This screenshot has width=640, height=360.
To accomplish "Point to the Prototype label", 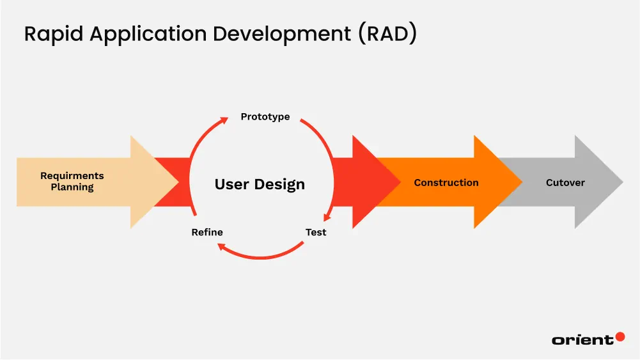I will point(265,116).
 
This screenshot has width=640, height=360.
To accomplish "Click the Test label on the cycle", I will point(316,232).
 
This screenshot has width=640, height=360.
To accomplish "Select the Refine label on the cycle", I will point(207,232).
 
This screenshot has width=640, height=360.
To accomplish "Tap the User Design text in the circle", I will point(260,184).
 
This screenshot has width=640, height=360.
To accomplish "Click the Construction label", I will point(446,182).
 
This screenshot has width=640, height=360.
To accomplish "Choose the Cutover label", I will point(565,182).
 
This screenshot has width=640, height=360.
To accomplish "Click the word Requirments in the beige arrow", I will point(72,176).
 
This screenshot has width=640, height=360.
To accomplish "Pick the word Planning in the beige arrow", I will point(72,187).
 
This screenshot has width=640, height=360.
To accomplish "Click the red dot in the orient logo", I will point(620,336).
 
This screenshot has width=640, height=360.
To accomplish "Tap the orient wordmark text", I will point(582,340).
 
